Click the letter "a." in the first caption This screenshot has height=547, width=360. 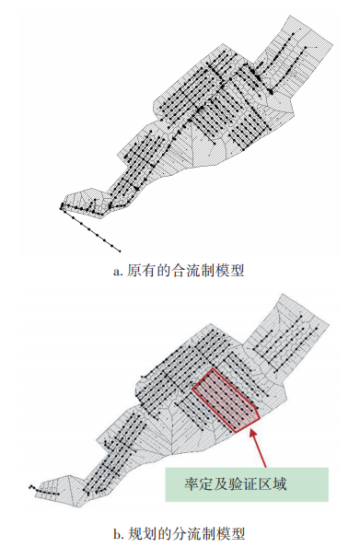pyautogui.click(x=117, y=271)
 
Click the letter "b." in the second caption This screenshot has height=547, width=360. pyautogui.click(x=117, y=531)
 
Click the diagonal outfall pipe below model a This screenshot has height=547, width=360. pyautogui.click(x=92, y=227)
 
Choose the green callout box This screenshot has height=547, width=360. pyautogui.click(x=246, y=482)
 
